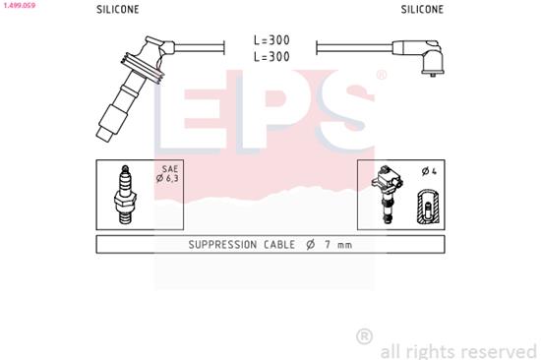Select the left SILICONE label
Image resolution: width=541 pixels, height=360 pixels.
tap(117, 9)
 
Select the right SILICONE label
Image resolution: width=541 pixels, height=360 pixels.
tap(422, 9)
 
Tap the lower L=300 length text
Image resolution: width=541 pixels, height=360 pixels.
tap(270, 58)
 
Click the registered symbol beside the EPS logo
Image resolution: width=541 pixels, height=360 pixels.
tap(382, 75)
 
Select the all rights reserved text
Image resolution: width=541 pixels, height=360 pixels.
tap(457, 350)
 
